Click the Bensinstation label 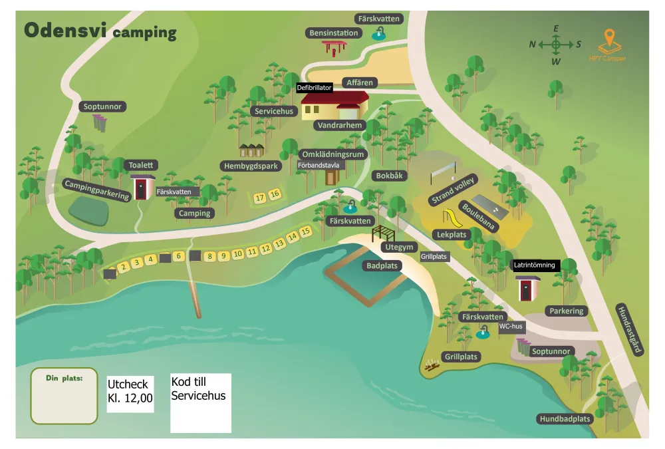[334, 33]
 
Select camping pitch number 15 [305, 231]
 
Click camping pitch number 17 [260, 198]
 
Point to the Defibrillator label [315, 87]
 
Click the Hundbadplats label [565, 419]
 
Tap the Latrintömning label [534, 265]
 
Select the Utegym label [400, 247]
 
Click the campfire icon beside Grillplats [432, 365]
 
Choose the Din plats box [64, 396]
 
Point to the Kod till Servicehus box [201, 402]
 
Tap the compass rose [555, 45]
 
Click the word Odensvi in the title [65, 30]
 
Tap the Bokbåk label [390, 176]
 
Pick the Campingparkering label [96, 189]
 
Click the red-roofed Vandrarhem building [334, 105]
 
